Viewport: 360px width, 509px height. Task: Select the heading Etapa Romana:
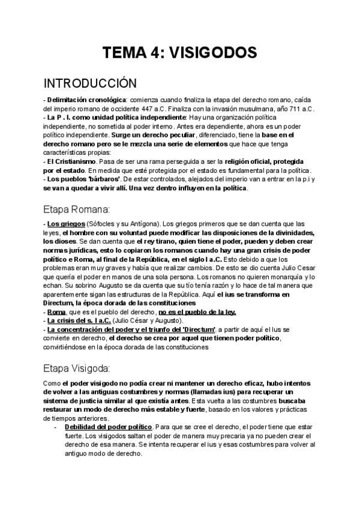point(77,209)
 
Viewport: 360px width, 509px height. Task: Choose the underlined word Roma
point(57,312)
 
